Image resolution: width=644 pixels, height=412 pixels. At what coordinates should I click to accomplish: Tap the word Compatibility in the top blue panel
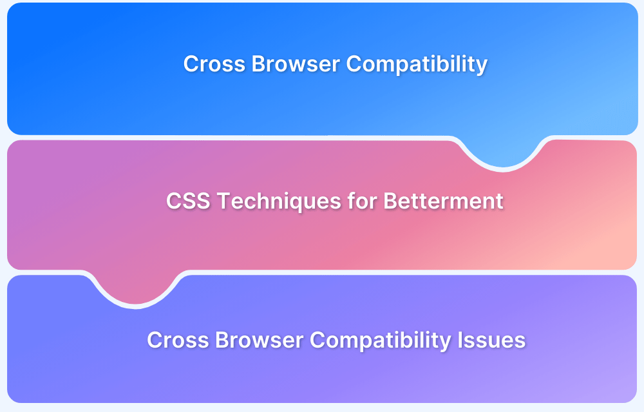[417, 65]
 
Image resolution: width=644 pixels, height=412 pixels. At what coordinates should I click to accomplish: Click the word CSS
[187, 201]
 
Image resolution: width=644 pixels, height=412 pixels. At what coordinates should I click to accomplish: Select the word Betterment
[444, 201]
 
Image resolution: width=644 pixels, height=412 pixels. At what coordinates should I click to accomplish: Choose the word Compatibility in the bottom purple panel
[381, 341]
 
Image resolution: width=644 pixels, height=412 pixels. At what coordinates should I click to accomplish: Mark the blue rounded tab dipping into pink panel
[502, 153]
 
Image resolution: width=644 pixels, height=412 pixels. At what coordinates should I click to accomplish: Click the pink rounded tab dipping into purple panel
[135, 288]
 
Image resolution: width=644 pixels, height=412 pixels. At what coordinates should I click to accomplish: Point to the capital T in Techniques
[222, 201]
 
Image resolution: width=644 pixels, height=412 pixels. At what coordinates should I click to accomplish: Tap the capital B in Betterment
[391, 201]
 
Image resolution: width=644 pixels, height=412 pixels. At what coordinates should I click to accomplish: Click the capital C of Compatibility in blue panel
[354, 64]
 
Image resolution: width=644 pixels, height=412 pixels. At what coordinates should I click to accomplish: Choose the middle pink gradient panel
[322, 238]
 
